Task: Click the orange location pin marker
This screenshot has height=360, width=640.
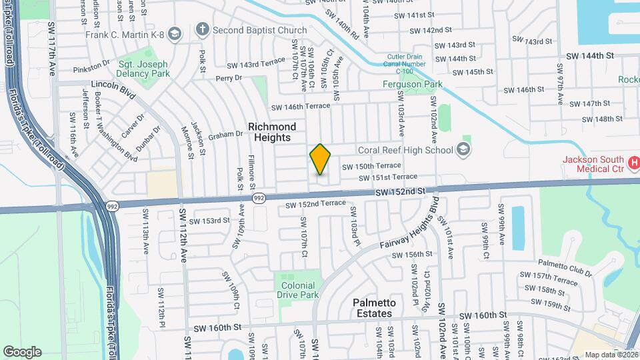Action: (321, 159)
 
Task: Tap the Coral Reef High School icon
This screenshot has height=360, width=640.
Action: (464, 149)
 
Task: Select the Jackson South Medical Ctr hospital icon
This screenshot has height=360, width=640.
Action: (634, 163)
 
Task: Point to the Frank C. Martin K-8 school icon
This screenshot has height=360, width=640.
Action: (175, 33)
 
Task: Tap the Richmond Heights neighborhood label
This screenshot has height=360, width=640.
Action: (272, 131)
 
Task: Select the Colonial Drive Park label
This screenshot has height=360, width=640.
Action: (298, 290)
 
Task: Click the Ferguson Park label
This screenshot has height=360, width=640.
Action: (413, 85)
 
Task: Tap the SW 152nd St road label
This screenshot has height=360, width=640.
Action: (400, 191)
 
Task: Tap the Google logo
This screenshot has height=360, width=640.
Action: (22, 351)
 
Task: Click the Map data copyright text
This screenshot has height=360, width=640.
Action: (611, 355)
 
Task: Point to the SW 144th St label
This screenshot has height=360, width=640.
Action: (589, 58)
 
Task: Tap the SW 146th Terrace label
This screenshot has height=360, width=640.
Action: (300, 106)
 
